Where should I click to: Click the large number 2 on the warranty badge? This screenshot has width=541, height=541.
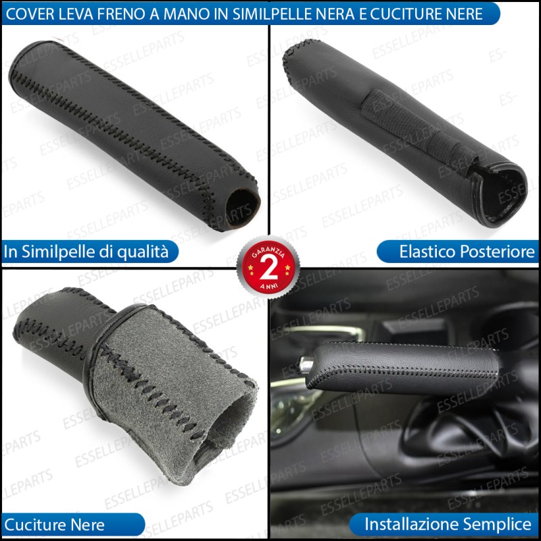coord(268,267)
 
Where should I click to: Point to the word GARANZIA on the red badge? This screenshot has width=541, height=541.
coord(268,252)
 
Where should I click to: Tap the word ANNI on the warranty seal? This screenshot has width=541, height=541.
coord(268,286)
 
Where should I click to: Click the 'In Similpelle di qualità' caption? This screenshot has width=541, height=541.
coord(86,252)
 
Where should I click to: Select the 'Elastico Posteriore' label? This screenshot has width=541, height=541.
coord(467,252)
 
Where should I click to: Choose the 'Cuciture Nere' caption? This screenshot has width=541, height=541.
coord(54,525)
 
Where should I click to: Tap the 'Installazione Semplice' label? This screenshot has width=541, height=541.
coord(448,524)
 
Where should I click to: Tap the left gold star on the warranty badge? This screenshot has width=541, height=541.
coord(250,267)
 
